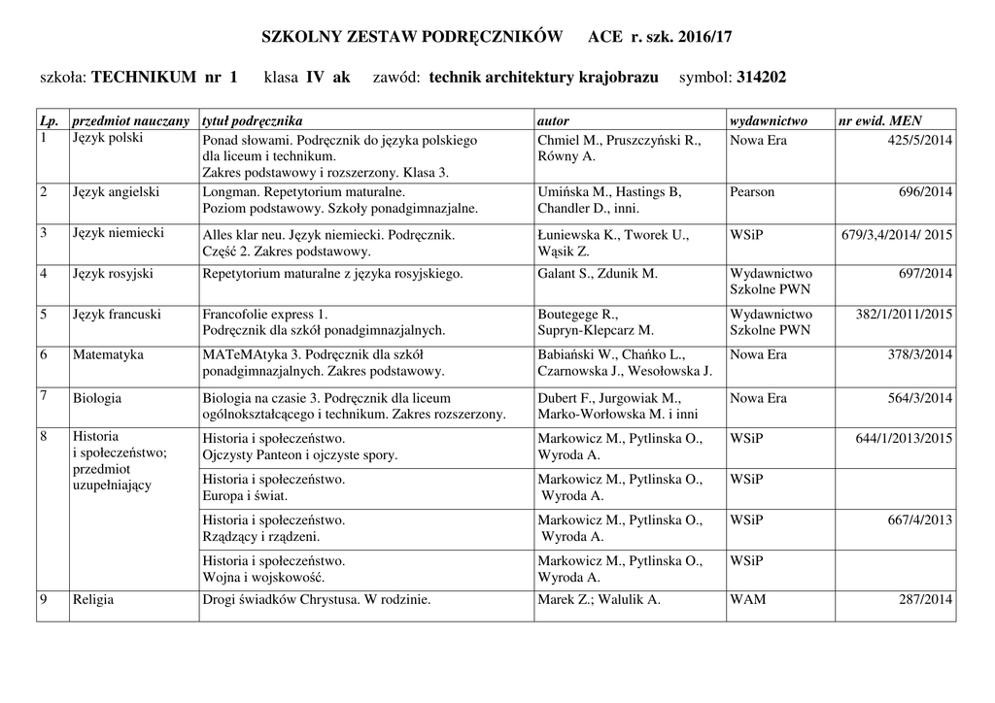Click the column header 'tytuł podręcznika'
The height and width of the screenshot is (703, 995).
point(252,120)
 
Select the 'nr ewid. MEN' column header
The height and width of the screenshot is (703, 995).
point(880,120)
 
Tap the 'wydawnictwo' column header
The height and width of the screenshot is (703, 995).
point(769,120)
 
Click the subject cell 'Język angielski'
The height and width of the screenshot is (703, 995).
point(116,192)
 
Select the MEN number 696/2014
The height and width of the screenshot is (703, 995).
point(926,192)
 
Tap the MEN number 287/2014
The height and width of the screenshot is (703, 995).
point(926,600)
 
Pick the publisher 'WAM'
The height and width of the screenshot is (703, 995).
point(747,600)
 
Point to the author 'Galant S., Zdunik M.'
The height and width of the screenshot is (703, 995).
point(598,274)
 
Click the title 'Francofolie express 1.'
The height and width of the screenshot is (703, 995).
point(265,315)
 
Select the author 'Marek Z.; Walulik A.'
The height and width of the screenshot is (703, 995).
point(599,600)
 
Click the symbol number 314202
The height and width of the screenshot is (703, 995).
point(762,77)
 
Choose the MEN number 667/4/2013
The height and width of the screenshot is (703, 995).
point(920,520)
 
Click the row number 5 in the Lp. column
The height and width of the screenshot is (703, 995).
point(44,315)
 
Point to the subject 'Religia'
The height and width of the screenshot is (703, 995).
point(93,600)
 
